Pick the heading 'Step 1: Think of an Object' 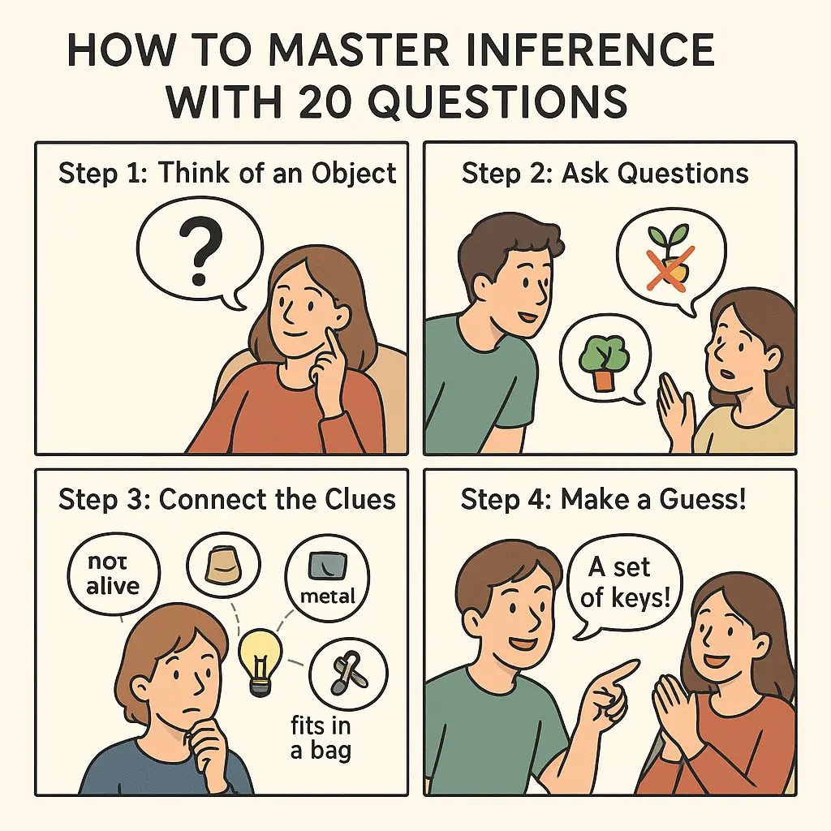[x=227, y=173]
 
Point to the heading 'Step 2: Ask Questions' [x=605, y=173]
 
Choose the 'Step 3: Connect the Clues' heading [x=227, y=499]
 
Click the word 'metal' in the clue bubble [x=328, y=596]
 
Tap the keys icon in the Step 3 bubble [x=350, y=673]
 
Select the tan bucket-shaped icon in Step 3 [x=223, y=562]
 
